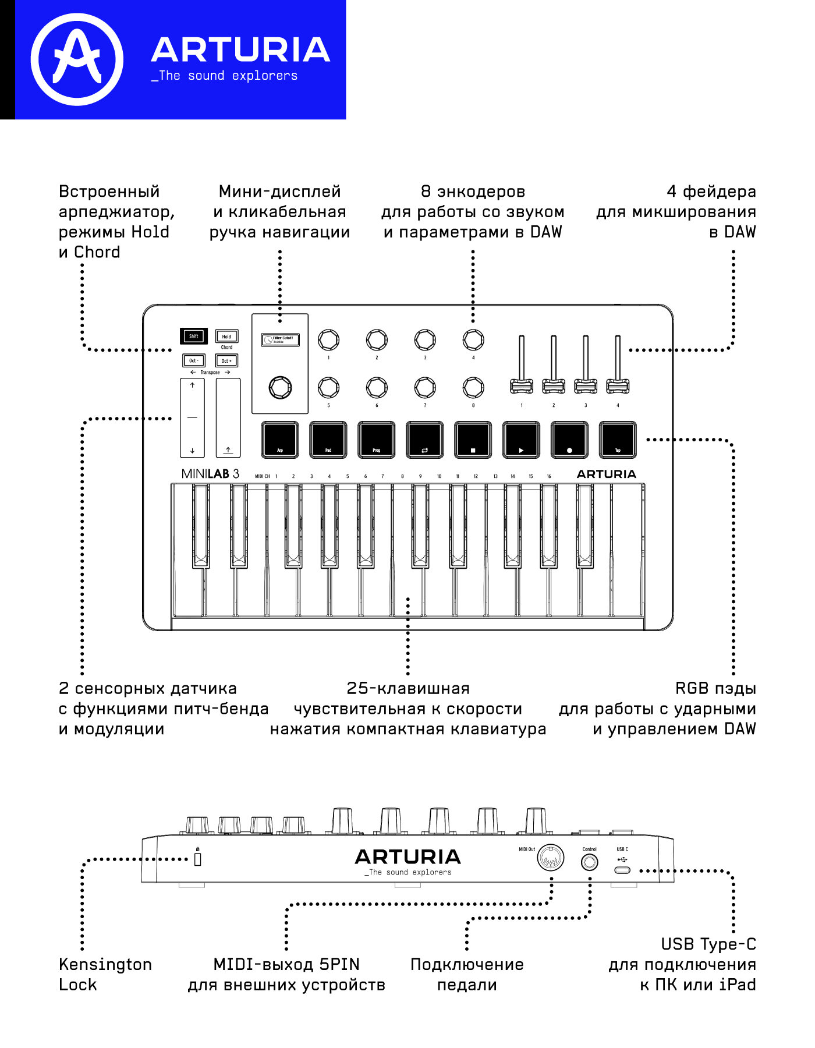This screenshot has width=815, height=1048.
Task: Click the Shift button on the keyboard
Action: [x=193, y=336]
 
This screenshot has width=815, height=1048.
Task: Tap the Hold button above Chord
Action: [x=226, y=336]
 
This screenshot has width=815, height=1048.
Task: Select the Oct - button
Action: [x=193, y=360]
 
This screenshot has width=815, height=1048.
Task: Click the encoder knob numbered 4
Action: [x=473, y=339]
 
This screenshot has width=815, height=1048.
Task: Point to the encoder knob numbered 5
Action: [x=328, y=387]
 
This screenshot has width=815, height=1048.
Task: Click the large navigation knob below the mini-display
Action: [x=280, y=387]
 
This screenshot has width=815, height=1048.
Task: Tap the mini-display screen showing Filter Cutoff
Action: [x=280, y=339]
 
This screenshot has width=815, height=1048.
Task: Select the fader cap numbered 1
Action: [x=521, y=385]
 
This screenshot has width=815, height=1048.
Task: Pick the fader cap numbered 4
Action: [x=618, y=385]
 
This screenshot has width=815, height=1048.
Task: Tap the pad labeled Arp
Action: [x=280, y=440]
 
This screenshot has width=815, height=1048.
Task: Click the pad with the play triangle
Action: [x=521, y=440]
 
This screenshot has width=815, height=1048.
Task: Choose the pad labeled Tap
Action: [x=618, y=440]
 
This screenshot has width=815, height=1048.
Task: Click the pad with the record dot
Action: [x=569, y=440]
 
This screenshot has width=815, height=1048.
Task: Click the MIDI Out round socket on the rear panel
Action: [x=550, y=858]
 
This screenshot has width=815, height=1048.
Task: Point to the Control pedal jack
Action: [x=589, y=862]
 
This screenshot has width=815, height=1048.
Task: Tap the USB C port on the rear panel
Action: [x=622, y=870]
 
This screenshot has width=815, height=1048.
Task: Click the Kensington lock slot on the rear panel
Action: [x=197, y=859]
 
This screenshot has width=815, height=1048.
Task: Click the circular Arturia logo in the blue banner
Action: [x=77, y=59]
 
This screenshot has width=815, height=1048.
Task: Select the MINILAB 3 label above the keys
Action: [x=210, y=474]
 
